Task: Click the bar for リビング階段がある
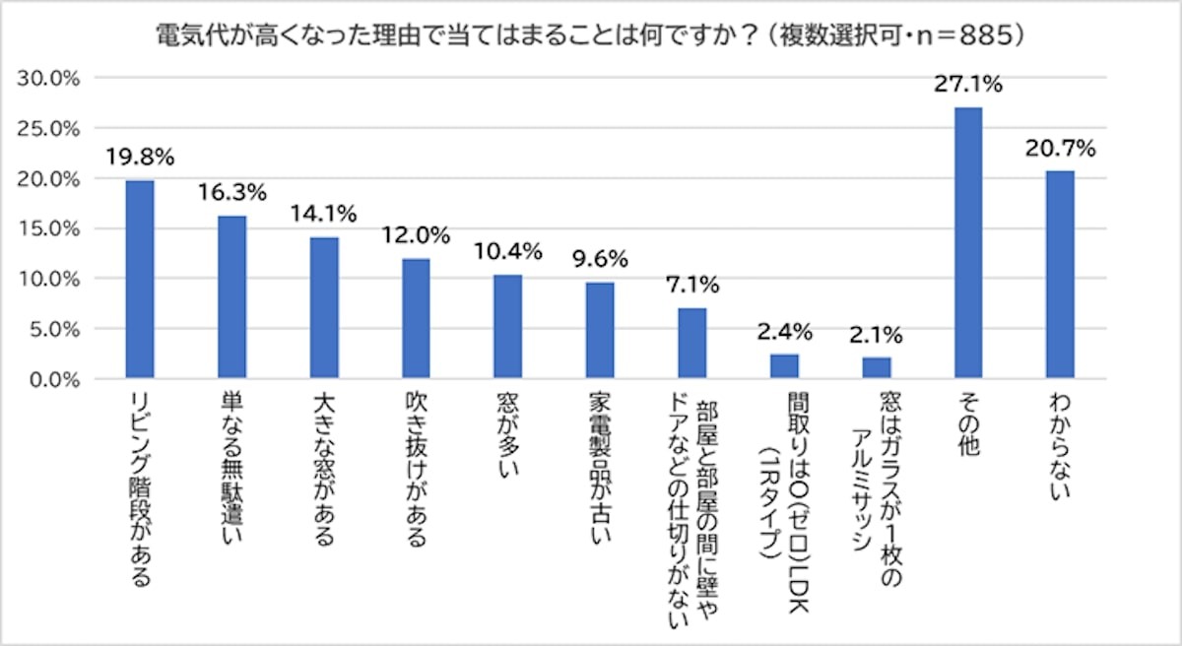pos(139,280)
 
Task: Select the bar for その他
pos(968,243)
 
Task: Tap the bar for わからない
pos(1060,275)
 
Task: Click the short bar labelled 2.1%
pos(876,368)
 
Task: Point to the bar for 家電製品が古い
pos(600,331)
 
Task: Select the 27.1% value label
pos(968,85)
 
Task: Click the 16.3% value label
pos(231,192)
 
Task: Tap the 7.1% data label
pos(691,286)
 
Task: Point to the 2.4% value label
pos(784,333)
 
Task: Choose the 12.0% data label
pos(416,235)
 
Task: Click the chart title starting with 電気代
pos(591,35)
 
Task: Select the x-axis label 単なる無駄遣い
pos(231,468)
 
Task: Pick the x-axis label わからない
pos(1060,448)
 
